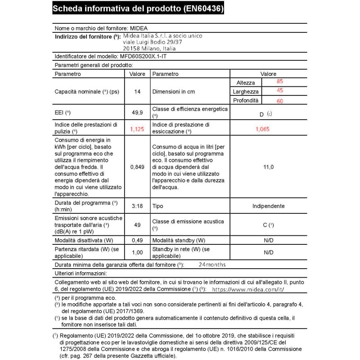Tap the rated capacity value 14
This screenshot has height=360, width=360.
click(x=137, y=92)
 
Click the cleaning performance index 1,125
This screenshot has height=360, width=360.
click(x=137, y=128)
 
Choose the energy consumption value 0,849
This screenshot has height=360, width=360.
click(x=137, y=166)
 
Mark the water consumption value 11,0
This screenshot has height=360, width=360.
click(x=269, y=166)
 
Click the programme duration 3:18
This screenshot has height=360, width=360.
click(x=137, y=206)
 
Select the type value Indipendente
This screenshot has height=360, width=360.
click(x=269, y=206)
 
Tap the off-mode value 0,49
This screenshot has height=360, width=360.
click(x=137, y=241)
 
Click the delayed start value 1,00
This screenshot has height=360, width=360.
click(x=137, y=252)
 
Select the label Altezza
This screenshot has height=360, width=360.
click(x=245, y=83)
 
